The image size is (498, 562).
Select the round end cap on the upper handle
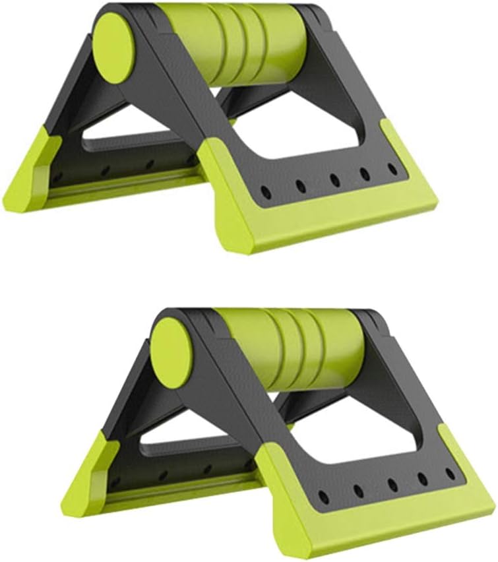coord(113,47)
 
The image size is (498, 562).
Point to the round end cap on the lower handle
coord(171,353)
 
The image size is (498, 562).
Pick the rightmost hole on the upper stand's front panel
coord(393,169)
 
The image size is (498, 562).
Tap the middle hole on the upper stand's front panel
coord(334,180)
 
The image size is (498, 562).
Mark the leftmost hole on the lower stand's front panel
coord(323,497)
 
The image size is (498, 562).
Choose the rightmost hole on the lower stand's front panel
coord(451,474)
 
